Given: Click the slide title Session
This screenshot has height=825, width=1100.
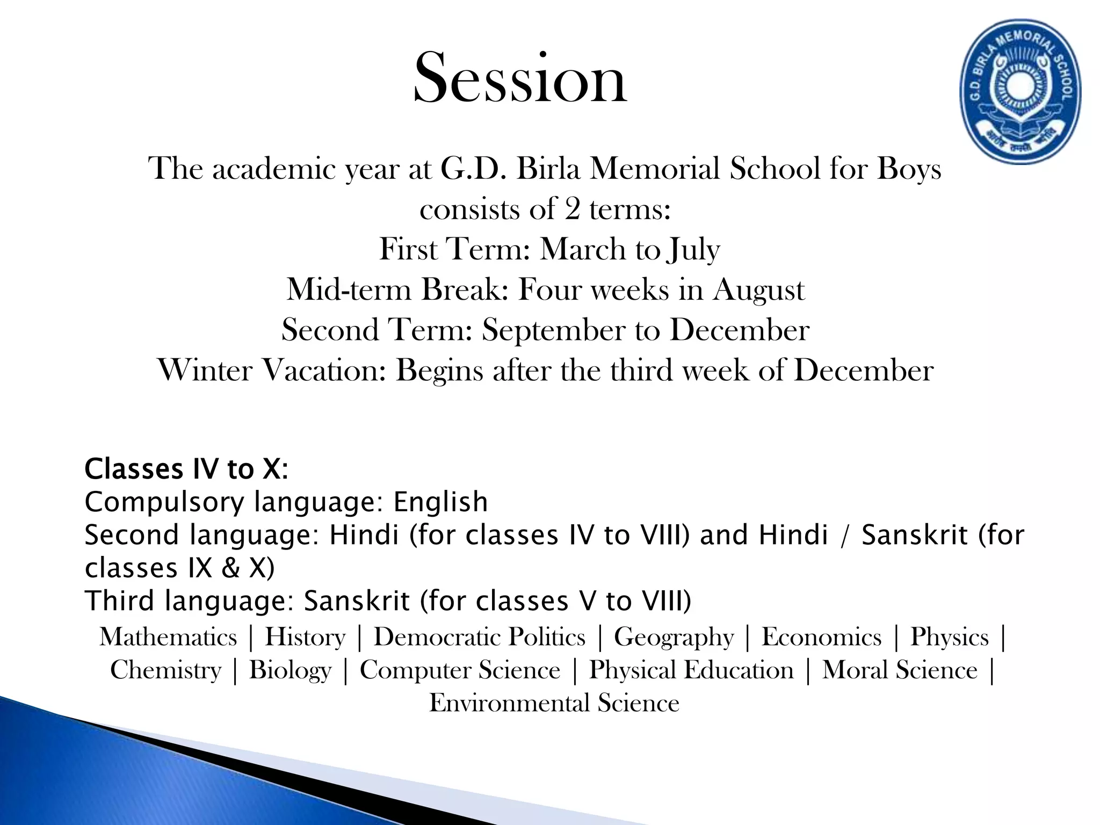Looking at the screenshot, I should tap(520, 79).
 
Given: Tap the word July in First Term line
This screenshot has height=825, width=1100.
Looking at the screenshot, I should tap(693, 250).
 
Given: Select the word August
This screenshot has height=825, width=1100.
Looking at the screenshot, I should tap(759, 291).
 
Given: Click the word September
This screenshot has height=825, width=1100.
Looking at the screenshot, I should tap(553, 331).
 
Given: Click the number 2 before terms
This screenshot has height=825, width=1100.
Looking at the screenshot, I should tap(572, 209).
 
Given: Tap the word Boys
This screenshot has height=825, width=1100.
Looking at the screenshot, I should tap(909, 169).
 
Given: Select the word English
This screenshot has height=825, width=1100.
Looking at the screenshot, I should tap(440, 503).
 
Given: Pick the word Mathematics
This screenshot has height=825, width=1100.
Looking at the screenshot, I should tap(168, 638).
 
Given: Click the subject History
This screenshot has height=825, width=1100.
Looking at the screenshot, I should tap(305, 638).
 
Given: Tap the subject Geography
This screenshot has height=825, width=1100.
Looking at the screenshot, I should tap(674, 638).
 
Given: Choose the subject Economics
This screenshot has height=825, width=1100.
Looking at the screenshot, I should tap(822, 638).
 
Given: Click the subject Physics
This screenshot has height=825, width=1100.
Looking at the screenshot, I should tap(949, 638).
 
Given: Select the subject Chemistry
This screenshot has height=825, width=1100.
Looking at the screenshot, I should tap(165, 670).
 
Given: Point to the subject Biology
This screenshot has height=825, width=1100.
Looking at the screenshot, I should tap(290, 670).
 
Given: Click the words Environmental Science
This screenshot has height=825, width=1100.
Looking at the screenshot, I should tap(554, 703).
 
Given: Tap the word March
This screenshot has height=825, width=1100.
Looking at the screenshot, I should tap(583, 250).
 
